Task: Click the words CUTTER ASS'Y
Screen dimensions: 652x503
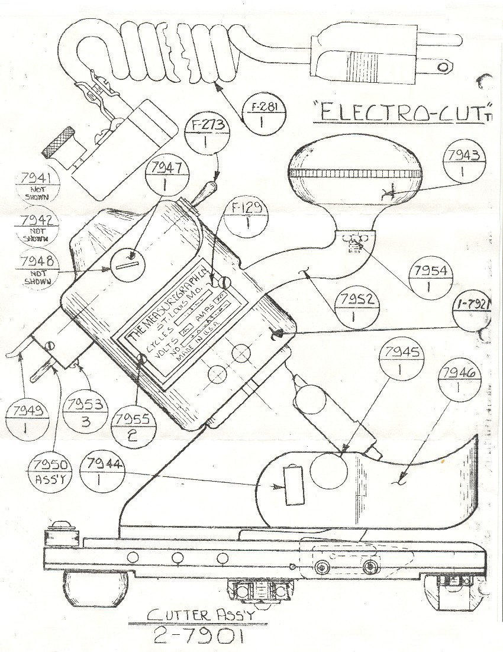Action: tap(201, 615)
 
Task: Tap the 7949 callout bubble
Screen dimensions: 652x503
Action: tap(27, 418)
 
